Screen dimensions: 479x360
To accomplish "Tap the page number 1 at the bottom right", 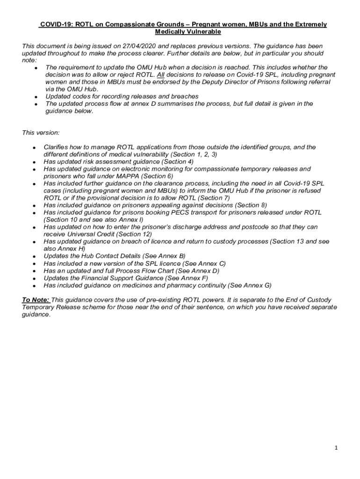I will point(336,448).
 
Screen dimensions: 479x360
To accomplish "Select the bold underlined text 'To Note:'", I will point(36,299).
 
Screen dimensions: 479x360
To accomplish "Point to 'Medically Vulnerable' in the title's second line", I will point(187,32).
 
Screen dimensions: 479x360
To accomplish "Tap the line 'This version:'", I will point(41,133).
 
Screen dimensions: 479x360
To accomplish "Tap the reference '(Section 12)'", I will point(136,234).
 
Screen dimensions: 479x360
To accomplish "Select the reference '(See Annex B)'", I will point(164,256).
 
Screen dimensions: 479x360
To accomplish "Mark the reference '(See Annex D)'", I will point(198,271).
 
